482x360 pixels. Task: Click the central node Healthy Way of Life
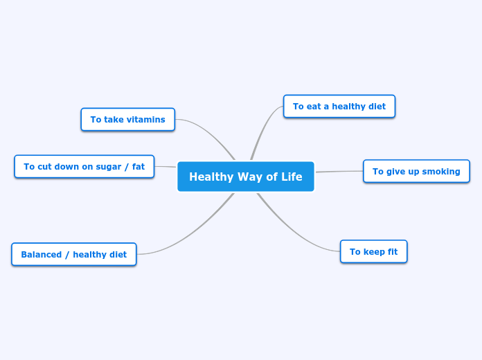tap(245, 177)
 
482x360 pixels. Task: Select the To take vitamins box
tap(127, 119)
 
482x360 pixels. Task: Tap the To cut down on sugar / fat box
tap(84, 166)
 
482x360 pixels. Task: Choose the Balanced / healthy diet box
tap(73, 254)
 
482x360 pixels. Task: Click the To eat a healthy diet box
tap(339, 106)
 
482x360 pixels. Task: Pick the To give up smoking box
tap(416, 171)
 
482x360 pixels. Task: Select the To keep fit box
tap(373, 251)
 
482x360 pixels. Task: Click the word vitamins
tap(145, 119)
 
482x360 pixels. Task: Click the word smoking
tap(441, 171)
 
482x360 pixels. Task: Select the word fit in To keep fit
tap(392, 251)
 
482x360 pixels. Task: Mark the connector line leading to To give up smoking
tap(339, 171)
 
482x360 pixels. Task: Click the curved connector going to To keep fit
tap(298, 235)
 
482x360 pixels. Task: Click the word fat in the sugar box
tap(139, 166)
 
